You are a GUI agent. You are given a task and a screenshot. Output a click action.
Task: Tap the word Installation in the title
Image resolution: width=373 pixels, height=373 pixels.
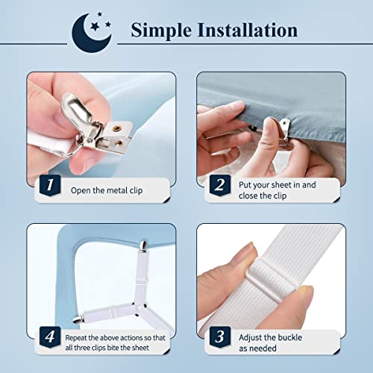251,31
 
